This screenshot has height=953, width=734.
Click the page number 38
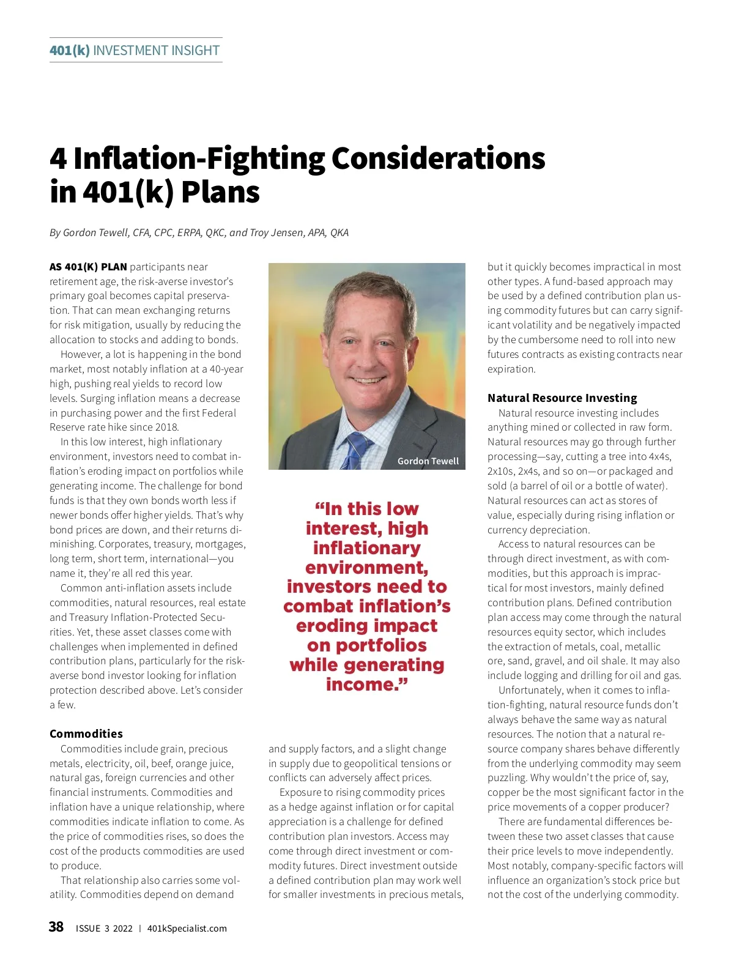[56, 927]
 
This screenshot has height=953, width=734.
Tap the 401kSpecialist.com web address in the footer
[187, 929]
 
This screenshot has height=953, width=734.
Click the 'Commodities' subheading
[86, 733]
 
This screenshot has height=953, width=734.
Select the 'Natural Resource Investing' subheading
[562, 398]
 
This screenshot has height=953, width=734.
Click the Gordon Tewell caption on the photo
[428, 461]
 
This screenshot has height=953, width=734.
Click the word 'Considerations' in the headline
[438, 158]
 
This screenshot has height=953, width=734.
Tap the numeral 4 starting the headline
[58, 158]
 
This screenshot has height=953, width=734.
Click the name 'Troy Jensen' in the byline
[279, 232]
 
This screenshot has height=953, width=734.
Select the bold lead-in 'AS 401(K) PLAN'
[88, 267]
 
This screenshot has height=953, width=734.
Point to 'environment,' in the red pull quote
[366, 568]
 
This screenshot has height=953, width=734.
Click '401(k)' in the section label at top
[69, 50]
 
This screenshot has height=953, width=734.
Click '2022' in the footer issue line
[122, 929]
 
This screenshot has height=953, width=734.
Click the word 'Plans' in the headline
[221, 192]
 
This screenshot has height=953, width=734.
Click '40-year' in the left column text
[226, 369]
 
